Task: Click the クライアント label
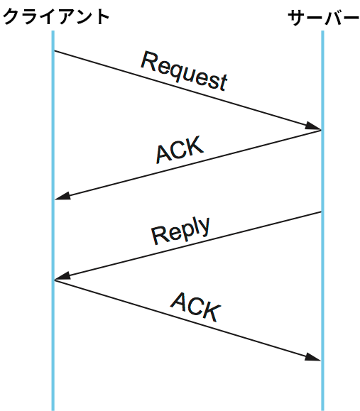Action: click(56, 17)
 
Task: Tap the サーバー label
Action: click(323, 18)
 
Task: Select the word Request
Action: click(184, 71)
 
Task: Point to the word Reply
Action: click(181, 231)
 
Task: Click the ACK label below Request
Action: click(180, 150)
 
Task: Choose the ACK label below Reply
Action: click(195, 307)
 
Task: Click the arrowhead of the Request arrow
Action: click(314, 126)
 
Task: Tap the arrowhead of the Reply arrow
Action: click(62, 277)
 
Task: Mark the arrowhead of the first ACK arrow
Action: click(62, 197)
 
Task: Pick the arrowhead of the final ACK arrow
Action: click(313, 358)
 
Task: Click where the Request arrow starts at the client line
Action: click(54, 50)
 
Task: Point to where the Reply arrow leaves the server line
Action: click(321, 212)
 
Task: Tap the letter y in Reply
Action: click(204, 227)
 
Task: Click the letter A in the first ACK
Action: click(163, 154)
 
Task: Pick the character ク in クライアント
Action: click(11, 17)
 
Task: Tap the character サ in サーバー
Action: click(297, 18)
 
